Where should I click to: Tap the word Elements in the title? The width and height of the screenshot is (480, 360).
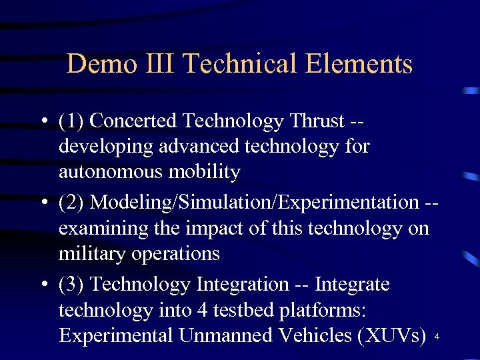pyautogui.click(x=361, y=64)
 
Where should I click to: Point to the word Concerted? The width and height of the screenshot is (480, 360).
pyautogui.click(x=133, y=121)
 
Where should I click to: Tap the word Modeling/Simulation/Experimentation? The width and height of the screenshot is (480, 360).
pyautogui.click(x=254, y=202)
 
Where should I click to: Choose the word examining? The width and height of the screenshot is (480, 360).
pyautogui.click(x=101, y=229)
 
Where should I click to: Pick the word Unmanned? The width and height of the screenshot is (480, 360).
pyautogui.click(x=233, y=335)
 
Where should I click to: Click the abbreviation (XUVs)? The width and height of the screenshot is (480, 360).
pyautogui.click(x=391, y=335)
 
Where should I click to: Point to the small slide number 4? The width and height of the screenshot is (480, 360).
pyautogui.click(x=437, y=338)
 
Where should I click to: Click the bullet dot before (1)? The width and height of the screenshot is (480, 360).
pyautogui.click(x=43, y=121)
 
